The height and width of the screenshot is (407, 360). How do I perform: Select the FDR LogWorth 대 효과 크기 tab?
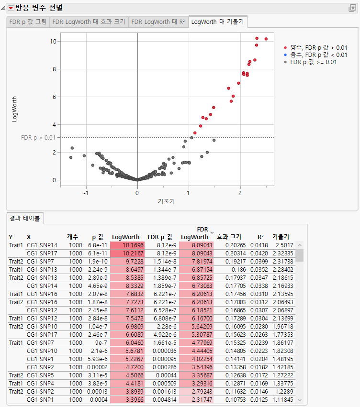pyautogui.click(x=89, y=22)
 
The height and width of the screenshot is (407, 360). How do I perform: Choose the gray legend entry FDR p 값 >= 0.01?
pyautogui.click(x=313, y=62)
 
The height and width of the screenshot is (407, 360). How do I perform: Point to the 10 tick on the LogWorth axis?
pyautogui.click(x=54, y=41)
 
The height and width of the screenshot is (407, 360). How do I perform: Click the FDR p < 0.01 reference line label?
pyautogui.click(x=38, y=138)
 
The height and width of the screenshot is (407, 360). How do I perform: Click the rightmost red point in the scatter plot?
pyautogui.click(x=266, y=39)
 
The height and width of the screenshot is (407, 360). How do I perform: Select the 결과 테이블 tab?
pyautogui.click(x=25, y=218)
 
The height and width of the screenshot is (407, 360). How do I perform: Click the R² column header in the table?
pyautogui.click(x=260, y=237)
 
